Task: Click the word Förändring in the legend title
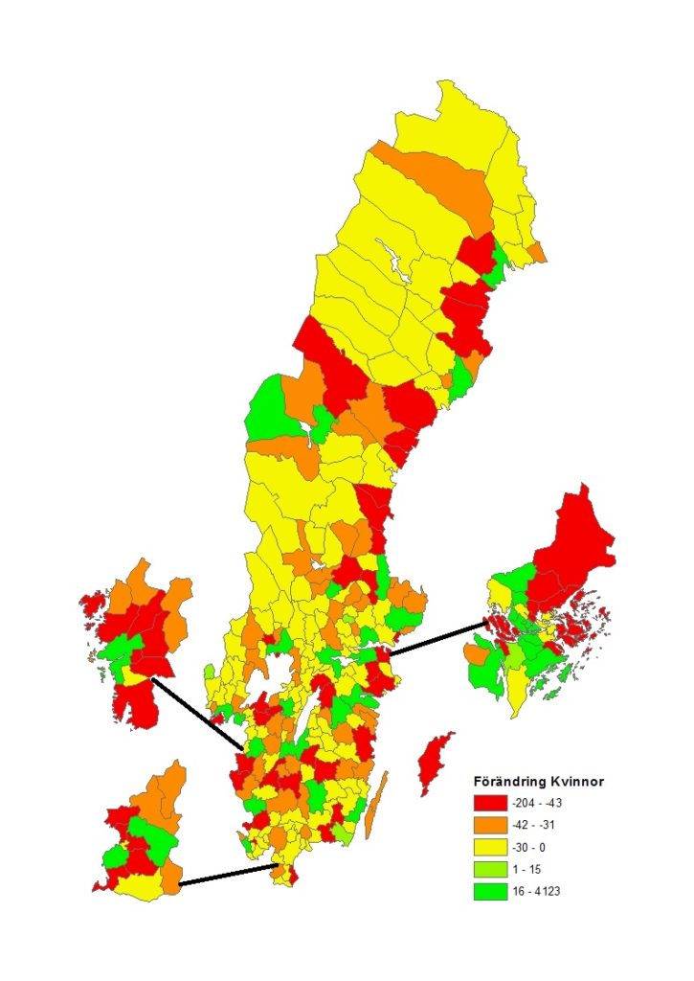pyautogui.click(x=511, y=781)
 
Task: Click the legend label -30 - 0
pyautogui.click(x=539, y=848)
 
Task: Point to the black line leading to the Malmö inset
pyautogui.click(x=228, y=875)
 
